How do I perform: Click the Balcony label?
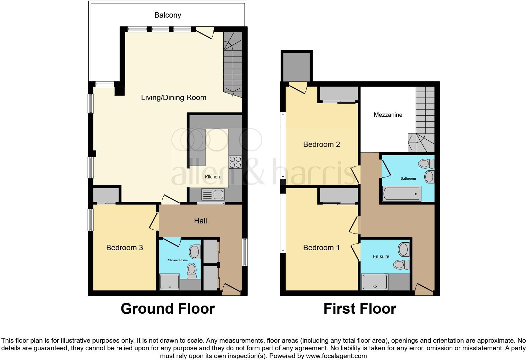pos(167,15)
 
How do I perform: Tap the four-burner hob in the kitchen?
pos(235,162)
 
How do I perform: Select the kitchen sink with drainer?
pos(213,194)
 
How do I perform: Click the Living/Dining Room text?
pos(174,98)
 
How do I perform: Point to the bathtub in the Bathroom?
pos(402,194)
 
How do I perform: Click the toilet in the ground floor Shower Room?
pos(192,271)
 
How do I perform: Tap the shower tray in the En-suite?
pos(375,282)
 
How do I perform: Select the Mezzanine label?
pos(388,115)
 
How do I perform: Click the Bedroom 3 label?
pos(125,248)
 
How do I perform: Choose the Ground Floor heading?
pos(168,309)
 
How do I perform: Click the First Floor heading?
pos(360,309)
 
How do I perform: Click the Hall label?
pos(200,221)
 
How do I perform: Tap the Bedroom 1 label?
pos(321,248)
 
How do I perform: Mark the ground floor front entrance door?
pos(232,289)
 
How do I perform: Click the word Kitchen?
pos(212,177)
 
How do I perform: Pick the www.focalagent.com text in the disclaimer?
pos(336,356)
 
